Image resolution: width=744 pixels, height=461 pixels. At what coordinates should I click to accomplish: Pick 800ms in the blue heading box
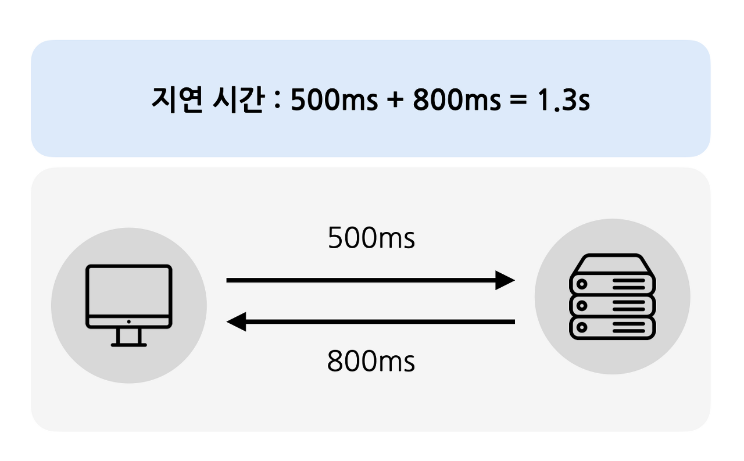coord(456,101)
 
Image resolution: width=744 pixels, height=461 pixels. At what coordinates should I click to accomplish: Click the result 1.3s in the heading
coord(563,101)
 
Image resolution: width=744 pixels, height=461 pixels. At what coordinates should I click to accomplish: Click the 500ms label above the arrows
coord(371,238)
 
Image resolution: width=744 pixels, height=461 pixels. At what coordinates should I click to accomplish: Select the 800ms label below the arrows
coord(371,362)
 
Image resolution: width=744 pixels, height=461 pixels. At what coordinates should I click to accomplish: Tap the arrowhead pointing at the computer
coord(237,321)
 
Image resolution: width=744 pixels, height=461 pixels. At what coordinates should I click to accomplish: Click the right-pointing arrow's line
coord(360,280)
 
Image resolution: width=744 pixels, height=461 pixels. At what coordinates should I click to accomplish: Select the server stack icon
coord(612,296)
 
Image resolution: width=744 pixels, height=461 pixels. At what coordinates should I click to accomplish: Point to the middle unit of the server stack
coord(612,305)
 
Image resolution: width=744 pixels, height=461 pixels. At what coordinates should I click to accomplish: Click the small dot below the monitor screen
coord(129,321)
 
